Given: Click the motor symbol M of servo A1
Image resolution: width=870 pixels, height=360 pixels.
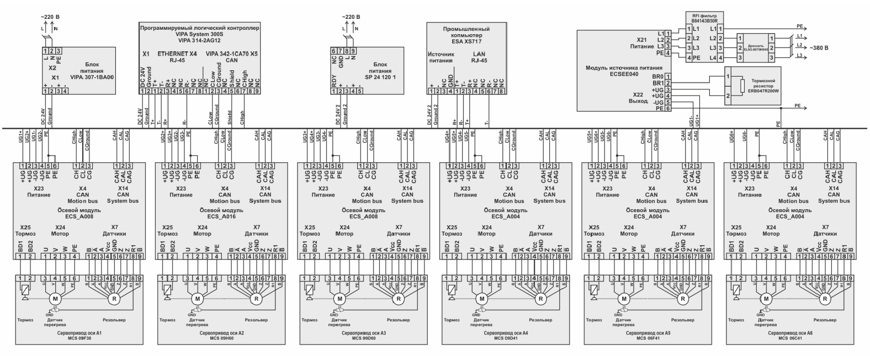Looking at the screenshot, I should (55, 299).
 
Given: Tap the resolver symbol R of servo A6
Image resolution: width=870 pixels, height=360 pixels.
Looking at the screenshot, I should (825, 299).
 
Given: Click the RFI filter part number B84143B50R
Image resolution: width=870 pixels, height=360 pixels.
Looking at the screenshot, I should (704, 20).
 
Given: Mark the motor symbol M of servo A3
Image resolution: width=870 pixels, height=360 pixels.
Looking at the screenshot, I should (339, 299).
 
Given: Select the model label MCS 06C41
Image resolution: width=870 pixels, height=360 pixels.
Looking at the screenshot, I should (791, 338).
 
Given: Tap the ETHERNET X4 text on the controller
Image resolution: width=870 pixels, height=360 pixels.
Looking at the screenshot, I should (177, 54).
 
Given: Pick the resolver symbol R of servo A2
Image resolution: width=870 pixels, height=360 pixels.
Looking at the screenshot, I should (256, 299).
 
